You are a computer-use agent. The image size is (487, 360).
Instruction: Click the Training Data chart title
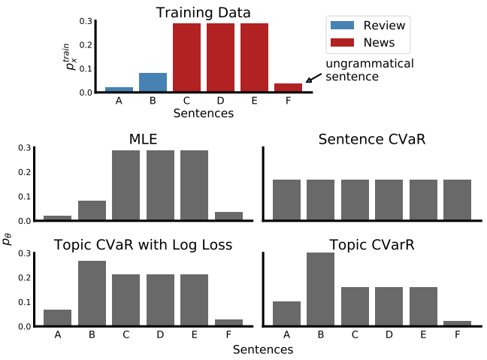tap(203, 13)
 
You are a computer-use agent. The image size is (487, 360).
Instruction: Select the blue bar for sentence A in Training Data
tap(119, 89)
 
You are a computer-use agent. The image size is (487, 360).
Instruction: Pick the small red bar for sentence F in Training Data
tap(288, 87)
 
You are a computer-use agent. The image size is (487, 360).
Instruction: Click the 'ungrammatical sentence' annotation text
tap(369, 70)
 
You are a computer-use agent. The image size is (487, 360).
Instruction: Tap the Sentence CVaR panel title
tap(371, 139)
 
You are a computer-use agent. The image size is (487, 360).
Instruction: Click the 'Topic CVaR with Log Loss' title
tap(143, 244)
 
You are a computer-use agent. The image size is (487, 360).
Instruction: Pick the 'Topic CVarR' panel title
tap(371, 244)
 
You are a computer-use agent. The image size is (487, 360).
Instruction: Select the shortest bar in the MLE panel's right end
tap(228, 216)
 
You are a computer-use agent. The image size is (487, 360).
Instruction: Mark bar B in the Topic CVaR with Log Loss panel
tap(92, 293)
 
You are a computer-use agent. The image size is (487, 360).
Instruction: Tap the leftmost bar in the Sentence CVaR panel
tap(287, 200)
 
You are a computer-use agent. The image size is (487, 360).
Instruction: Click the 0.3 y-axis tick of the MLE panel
tap(24, 147)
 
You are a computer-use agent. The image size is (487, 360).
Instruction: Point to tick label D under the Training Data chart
tap(220, 101)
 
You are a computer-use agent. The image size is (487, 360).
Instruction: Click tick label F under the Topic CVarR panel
tap(457, 335)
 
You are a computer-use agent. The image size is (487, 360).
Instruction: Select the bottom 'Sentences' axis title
tap(262, 349)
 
